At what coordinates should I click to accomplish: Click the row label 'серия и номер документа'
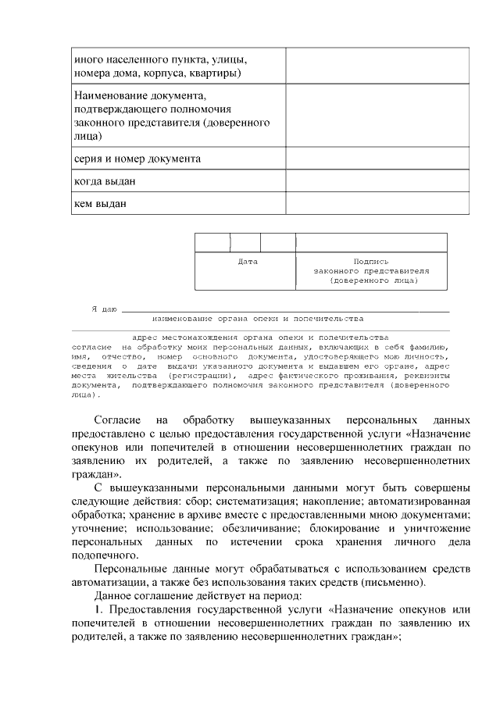click(x=137, y=159)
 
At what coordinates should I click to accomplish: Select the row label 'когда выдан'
click(x=105, y=181)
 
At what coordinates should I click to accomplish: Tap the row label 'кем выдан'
click(x=101, y=203)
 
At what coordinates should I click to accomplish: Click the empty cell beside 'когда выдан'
click(x=377, y=181)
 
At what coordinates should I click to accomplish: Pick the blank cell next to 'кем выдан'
click(x=377, y=203)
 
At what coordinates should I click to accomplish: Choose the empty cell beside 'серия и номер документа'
click(x=377, y=159)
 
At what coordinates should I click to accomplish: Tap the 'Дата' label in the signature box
click(x=247, y=262)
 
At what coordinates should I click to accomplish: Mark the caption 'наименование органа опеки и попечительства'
click(x=258, y=319)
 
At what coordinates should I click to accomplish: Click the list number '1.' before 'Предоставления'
click(x=100, y=609)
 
